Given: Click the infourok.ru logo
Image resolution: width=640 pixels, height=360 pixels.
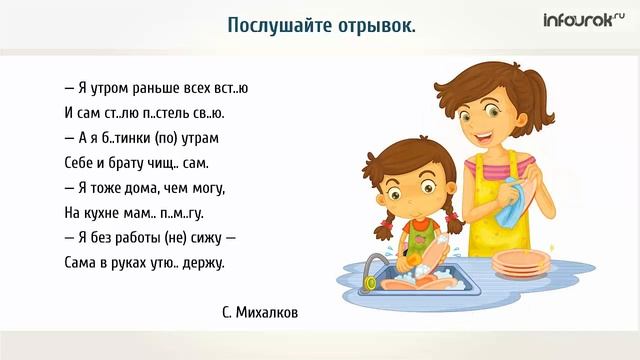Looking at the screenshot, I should click(x=582, y=20).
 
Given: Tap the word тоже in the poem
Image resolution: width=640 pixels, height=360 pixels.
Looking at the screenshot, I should click(x=100, y=187).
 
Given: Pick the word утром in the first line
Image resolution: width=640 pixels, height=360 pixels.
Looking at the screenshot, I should click(x=96, y=87).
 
